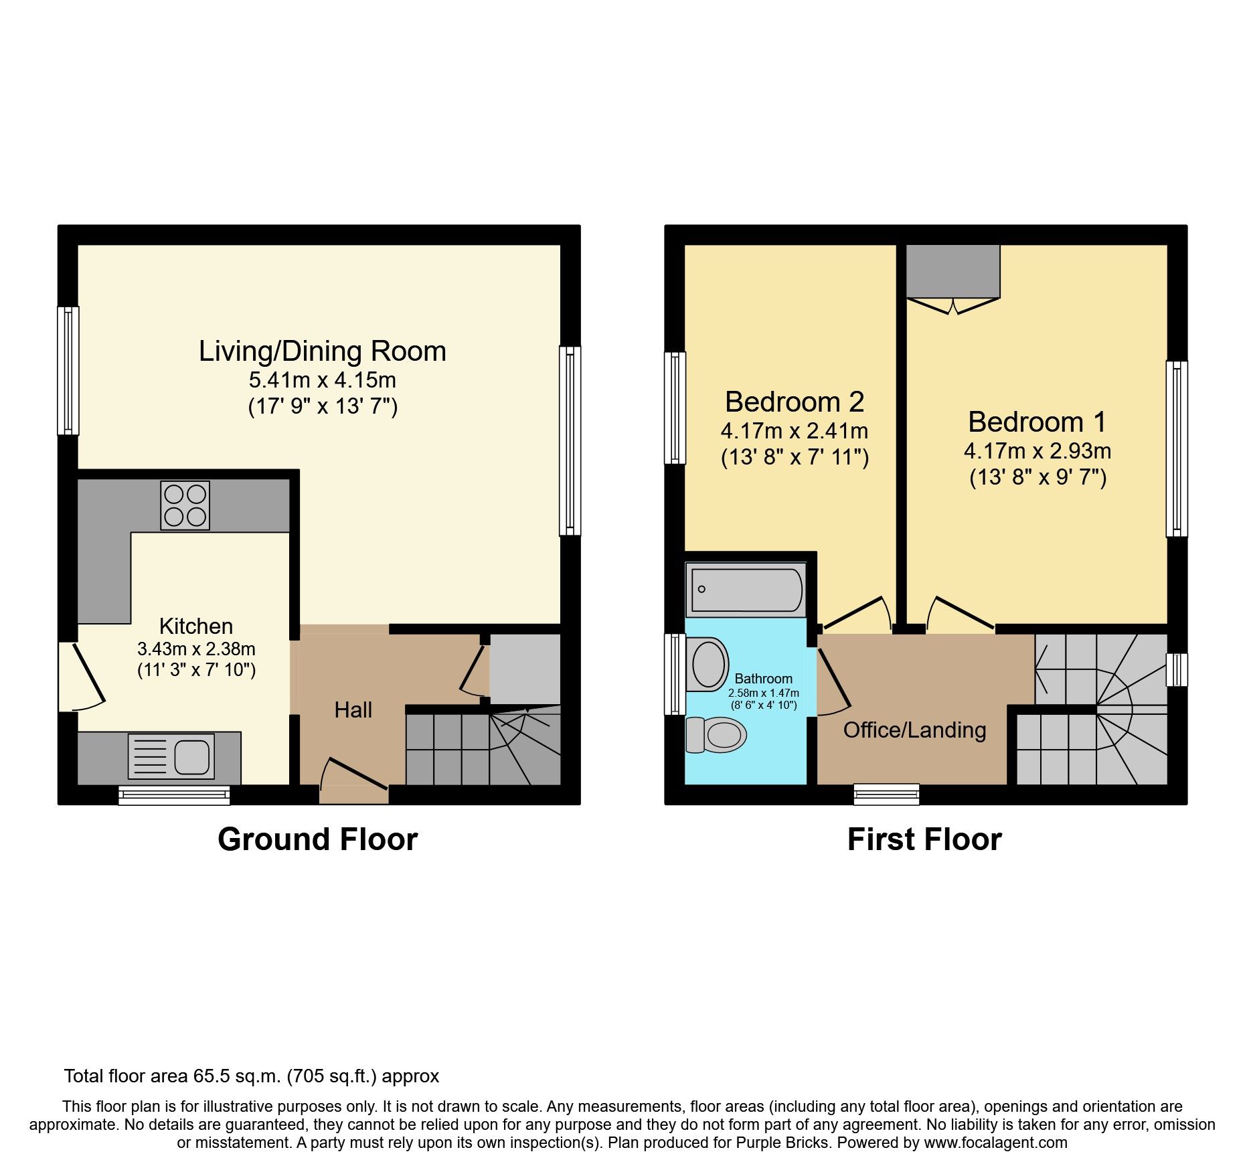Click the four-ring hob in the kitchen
click(185, 505)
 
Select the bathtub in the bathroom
click(746, 590)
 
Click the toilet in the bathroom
click(718, 735)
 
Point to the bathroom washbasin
click(708, 664)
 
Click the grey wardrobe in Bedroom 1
click(952, 271)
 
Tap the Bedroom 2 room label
click(794, 402)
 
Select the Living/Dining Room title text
click(322, 351)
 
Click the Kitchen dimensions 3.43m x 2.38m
click(196, 649)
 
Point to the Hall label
click(353, 710)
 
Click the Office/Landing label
click(914, 730)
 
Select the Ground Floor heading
click(317, 839)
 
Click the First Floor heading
click(924, 839)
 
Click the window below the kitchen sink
click(174, 795)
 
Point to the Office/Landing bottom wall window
click(886, 794)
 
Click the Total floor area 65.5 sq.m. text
click(251, 1076)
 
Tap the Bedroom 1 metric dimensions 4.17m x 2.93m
click(1037, 451)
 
